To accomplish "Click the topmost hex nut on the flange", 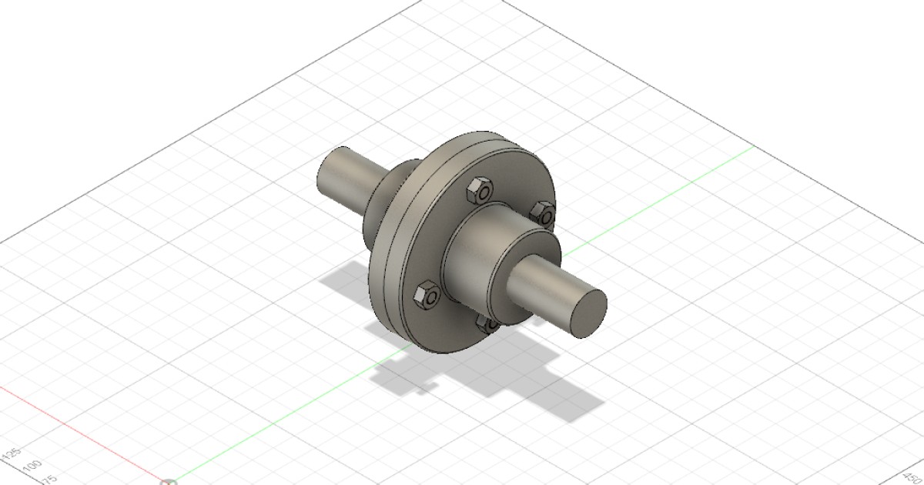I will pyautogui.click(x=477, y=191).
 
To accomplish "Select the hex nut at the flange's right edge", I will pyautogui.click(x=543, y=212).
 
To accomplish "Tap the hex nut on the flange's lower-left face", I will pyautogui.click(x=426, y=296).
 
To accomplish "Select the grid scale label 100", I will pyautogui.click(x=32, y=466).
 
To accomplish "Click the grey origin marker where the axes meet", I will pyautogui.click(x=169, y=483).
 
